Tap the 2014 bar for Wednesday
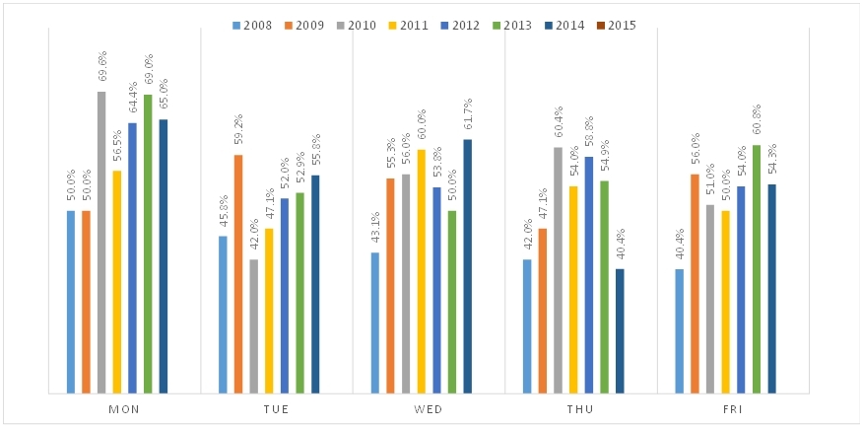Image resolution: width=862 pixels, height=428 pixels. coord(467,266)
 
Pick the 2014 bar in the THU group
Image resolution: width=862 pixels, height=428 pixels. coord(620,331)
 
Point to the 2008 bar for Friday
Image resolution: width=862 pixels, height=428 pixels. coord(680,331)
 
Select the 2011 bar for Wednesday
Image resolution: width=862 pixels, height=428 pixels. coord(422,271)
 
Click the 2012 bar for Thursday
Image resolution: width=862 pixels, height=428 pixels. coord(589,275)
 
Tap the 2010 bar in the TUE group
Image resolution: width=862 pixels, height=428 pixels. coord(254,326)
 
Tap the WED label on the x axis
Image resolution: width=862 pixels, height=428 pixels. coord(429,408)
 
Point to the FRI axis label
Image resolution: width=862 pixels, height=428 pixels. coord(733,408)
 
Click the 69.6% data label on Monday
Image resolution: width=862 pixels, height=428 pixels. coord(102,69)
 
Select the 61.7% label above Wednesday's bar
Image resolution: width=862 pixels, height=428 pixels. coord(468,117)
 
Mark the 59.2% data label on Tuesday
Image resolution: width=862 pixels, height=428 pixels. coord(238,133)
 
